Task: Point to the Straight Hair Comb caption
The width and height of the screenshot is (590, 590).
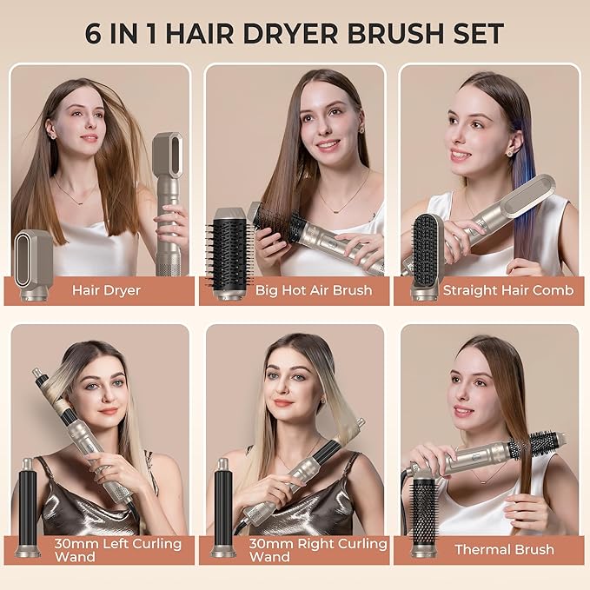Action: pyautogui.click(x=507, y=290)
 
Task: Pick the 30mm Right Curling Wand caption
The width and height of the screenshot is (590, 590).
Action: pyautogui.click(x=316, y=550)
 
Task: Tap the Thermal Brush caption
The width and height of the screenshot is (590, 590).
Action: pyautogui.click(x=504, y=549)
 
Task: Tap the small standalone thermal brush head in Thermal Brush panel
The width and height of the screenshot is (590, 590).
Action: pyautogui.click(x=424, y=513)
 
